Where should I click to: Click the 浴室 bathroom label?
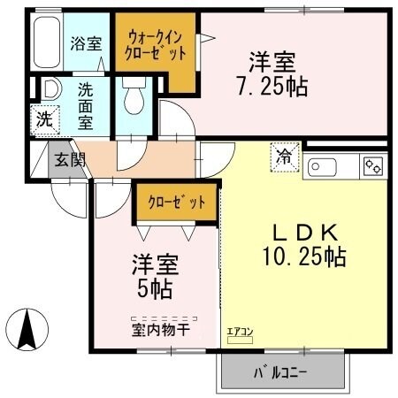(87, 42)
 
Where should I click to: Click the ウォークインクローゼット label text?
(157, 45)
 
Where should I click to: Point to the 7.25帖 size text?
(271, 85)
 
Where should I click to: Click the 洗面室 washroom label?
(87, 105)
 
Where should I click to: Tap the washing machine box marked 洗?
(43, 117)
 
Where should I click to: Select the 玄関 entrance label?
(65, 160)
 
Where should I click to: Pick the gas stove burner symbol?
(371, 165)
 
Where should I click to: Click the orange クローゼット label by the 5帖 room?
(176, 202)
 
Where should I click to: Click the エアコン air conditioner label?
(240, 333)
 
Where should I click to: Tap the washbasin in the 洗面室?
(50, 90)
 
